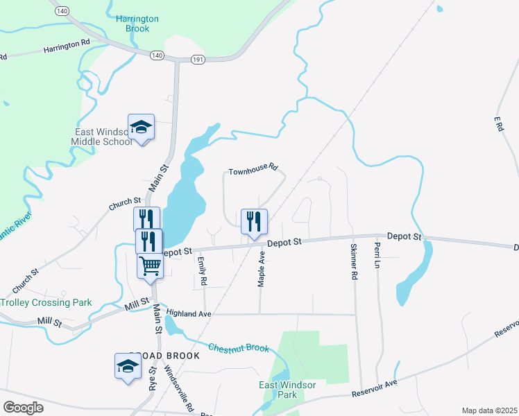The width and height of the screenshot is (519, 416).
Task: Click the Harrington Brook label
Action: pyautogui.click(x=137, y=24)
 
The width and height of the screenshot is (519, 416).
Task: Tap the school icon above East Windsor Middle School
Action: pyautogui.click(x=141, y=127)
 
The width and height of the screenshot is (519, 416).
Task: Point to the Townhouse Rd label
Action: pyautogui.click(x=253, y=168)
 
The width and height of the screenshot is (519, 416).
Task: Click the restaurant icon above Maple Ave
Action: pyautogui.click(x=253, y=222)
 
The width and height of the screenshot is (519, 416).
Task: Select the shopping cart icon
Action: pyautogui.click(x=150, y=266)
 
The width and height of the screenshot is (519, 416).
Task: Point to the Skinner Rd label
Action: pyautogui.click(x=354, y=261)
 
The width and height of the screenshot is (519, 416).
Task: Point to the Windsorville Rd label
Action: pyautogui.click(x=176, y=385)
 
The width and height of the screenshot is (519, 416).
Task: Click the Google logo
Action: pyautogui.click(x=23, y=408)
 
